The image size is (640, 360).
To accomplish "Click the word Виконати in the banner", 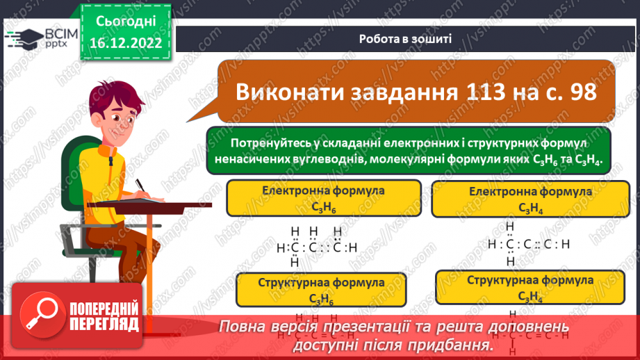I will [286, 91].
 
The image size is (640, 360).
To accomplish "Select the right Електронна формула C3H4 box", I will [530, 199].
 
